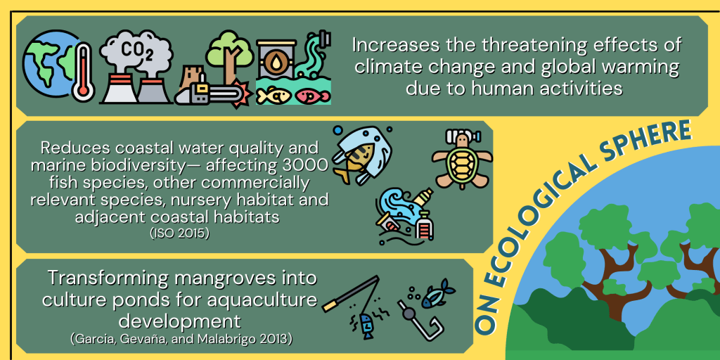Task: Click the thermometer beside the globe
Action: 83,72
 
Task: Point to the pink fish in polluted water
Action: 312,96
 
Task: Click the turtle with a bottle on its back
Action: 461,159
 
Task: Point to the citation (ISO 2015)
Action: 179,233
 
